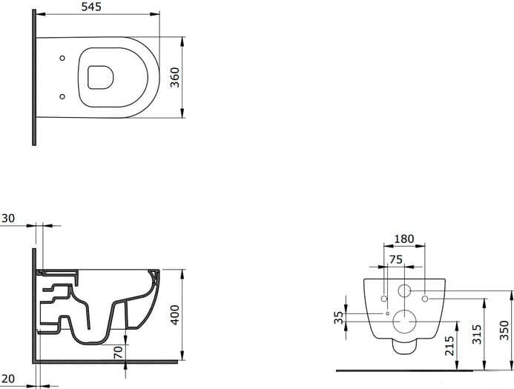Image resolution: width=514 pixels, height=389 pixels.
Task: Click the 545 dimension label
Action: (91, 7)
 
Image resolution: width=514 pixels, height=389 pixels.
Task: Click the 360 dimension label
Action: (175, 77)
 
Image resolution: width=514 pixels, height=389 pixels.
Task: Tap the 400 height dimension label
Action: (175, 315)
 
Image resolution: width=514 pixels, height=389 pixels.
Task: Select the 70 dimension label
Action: (118, 352)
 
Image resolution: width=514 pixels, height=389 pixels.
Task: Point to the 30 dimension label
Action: (8, 219)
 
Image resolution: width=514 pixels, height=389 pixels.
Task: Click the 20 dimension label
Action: (8, 379)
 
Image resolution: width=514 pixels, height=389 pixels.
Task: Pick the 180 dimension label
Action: (403, 239)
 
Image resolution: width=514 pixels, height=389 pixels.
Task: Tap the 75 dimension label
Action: (395, 259)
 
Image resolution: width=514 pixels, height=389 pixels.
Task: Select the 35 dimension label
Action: (339, 317)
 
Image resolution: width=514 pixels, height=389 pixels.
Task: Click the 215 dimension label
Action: (449, 346)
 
